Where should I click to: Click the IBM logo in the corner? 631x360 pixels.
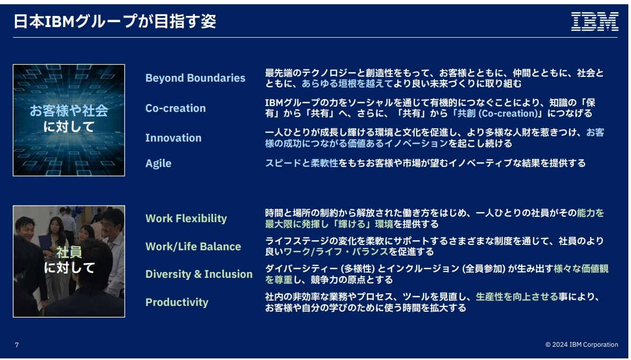click(594, 21)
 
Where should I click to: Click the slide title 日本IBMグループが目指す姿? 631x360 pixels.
click(115, 21)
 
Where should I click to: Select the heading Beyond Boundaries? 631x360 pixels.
click(195, 78)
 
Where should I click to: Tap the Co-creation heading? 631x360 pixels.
click(176, 108)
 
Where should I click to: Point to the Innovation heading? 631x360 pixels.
click(173, 138)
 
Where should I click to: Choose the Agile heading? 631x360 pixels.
click(158, 164)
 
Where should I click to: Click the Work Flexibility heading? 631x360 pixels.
click(186, 218)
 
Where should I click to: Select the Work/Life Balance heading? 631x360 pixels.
click(193, 247)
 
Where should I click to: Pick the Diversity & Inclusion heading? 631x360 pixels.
click(199, 274)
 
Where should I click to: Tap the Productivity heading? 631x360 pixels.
click(177, 303)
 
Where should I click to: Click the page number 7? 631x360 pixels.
click(17, 345)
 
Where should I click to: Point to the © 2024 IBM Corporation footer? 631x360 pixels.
click(582, 345)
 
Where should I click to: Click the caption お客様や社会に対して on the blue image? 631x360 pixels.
click(69, 119)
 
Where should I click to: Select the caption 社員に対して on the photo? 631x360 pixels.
click(69, 260)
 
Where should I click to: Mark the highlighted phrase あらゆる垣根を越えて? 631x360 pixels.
click(347, 84)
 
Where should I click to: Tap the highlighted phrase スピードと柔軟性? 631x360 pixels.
click(302, 163)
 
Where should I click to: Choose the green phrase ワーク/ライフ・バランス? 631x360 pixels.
click(336, 252)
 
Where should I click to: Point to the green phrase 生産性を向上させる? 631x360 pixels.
click(516, 297)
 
